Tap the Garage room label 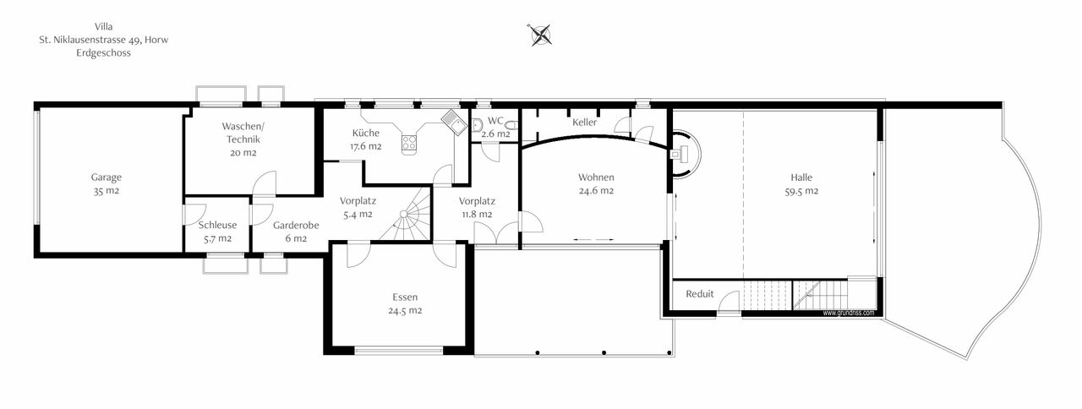[x=107, y=177]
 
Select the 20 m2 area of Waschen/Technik [x=243, y=153]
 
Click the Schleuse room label [x=217, y=226]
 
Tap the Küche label [x=366, y=133]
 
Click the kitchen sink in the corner [x=452, y=122]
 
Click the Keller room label [x=585, y=123]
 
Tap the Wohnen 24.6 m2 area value [x=596, y=191]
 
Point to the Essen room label [x=405, y=297]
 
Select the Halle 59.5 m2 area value [x=801, y=191]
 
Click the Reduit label [x=700, y=294]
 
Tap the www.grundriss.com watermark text [x=848, y=313]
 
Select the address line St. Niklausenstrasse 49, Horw [x=109, y=40]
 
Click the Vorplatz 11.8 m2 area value [x=477, y=214]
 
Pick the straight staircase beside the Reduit [x=820, y=295]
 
